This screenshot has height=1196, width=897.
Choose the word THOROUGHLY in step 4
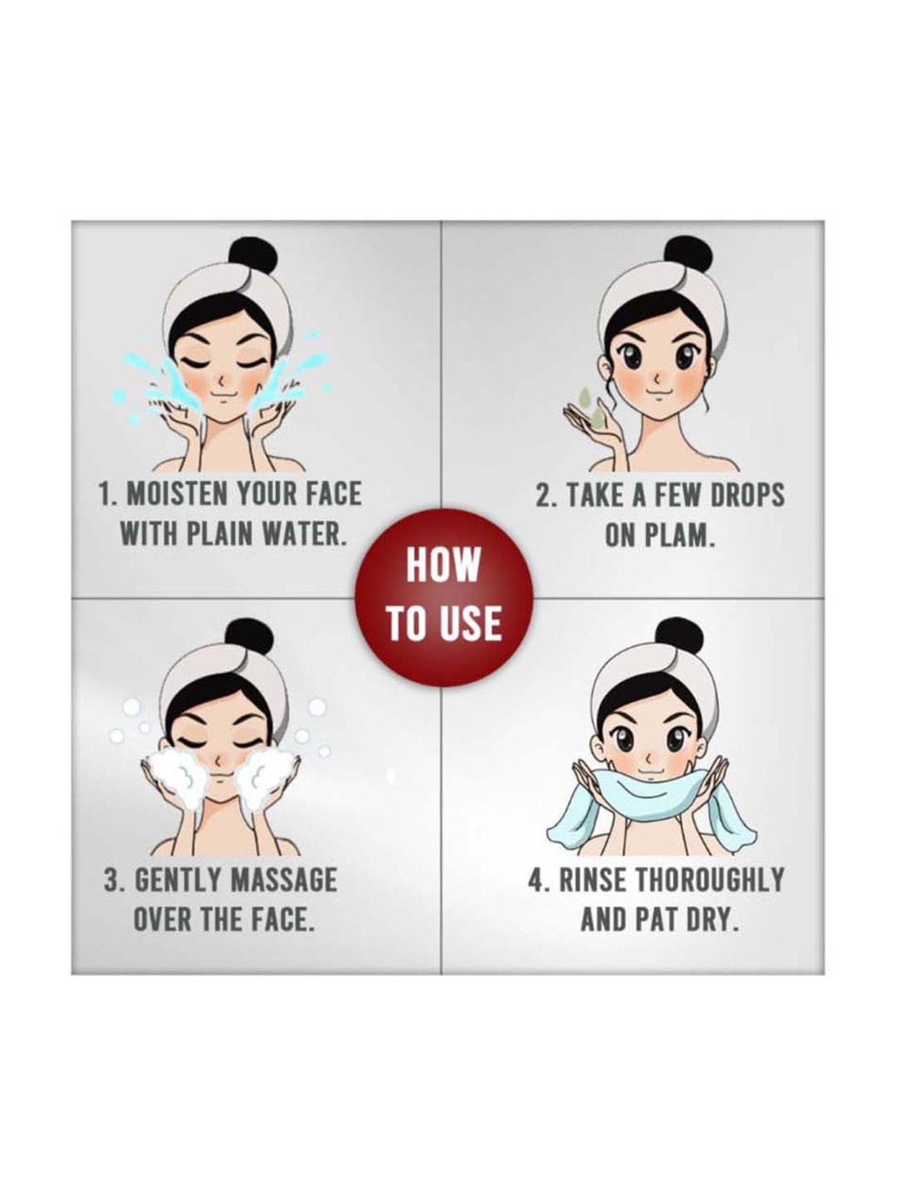tap(708, 880)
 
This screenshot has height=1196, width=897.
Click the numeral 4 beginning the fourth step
tap(536, 880)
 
